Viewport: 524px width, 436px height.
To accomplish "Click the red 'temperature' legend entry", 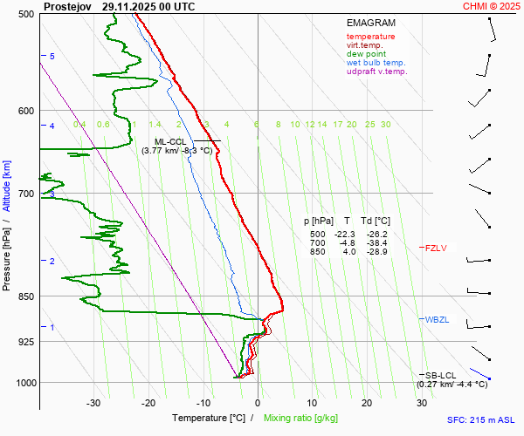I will click(x=370, y=37).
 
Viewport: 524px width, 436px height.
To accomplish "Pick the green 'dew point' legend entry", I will click(x=365, y=54).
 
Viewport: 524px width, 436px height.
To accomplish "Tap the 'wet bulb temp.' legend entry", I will click(x=376, y=63).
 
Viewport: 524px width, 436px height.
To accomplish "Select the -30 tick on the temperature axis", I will click(x=93, y=403).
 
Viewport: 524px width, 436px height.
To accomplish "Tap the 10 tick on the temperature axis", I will click(x=313, y=403).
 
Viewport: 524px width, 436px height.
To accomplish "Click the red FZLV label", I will click(x=436, y=249).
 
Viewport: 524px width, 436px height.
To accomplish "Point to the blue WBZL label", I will click(x=437, y=320).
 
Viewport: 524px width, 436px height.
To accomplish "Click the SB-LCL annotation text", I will click(x=442, y=375).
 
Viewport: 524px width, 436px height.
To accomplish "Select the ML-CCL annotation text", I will click(x=170, y=141).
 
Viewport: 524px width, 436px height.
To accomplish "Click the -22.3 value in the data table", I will click(x=347, y=235).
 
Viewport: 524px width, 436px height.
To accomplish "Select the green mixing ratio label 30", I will click(x=385, y=125).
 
